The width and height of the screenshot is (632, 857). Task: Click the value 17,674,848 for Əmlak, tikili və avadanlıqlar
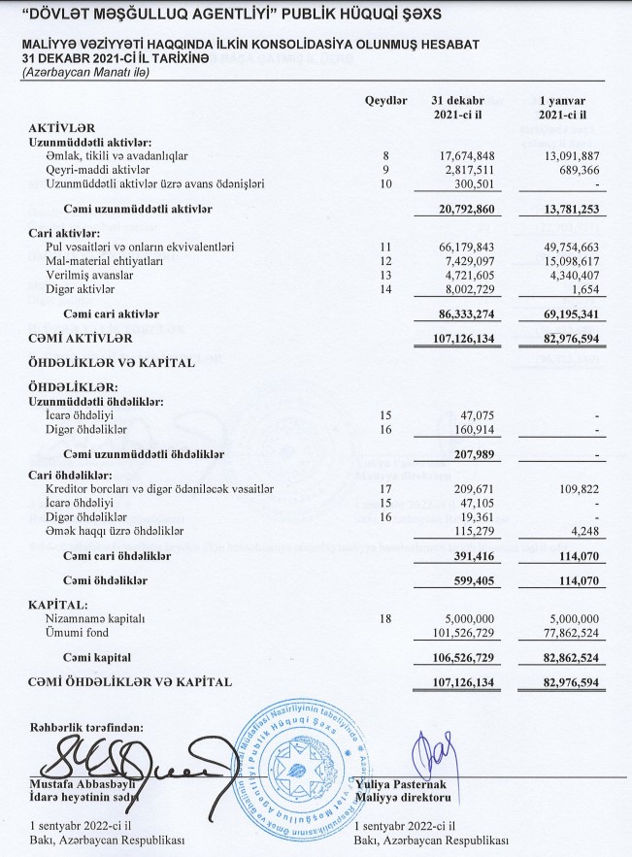(461, 155)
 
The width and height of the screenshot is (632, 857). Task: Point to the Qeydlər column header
(385, 102)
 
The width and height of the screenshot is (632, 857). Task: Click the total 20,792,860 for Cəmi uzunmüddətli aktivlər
(461, 209)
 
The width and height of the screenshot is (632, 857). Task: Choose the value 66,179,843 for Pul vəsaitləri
(461, 248)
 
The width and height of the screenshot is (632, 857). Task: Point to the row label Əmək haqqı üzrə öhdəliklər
(115, 531)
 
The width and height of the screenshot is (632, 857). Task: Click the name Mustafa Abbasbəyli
(81, 785)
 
